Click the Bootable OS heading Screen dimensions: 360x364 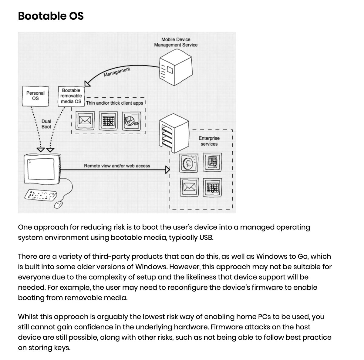point(51,16)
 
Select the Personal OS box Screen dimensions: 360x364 point(35,96)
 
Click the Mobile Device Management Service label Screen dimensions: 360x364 point(176,42)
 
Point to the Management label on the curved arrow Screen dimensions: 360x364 point(117,72)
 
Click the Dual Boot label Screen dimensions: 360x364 point(46,124)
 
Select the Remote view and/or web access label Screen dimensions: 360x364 point(117,166)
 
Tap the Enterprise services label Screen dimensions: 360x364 point(209,141)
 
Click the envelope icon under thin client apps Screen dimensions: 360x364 point(83,121)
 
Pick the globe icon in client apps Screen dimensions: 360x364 point(131,121)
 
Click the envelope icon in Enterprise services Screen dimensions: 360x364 point(189,188)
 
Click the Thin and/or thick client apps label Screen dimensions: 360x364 point(114,103)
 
